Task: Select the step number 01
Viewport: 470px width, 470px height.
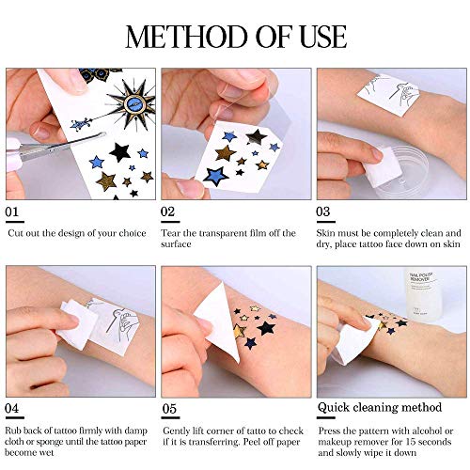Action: [14, 213]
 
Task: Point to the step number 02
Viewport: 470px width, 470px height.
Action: [170, 213]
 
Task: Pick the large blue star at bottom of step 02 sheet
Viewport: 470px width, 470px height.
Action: [216, 175]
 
